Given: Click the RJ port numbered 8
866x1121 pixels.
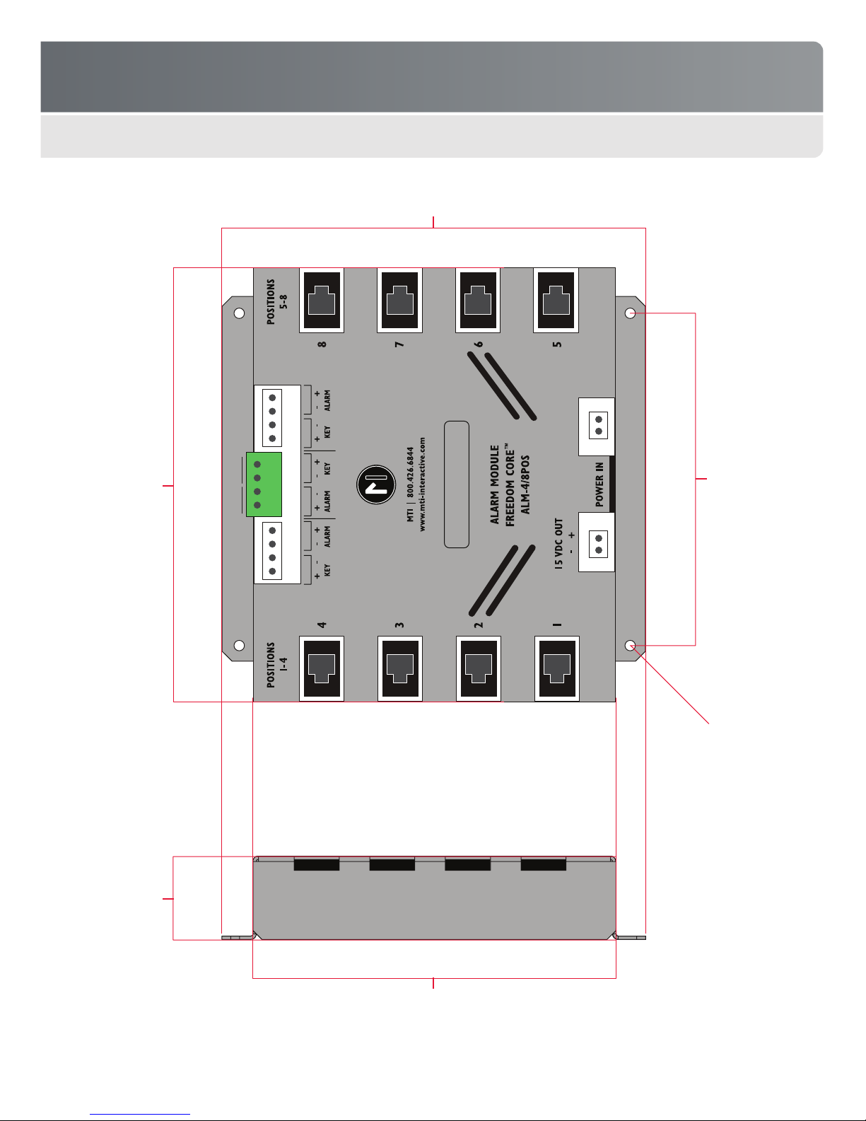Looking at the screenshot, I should click(x=322, y=300).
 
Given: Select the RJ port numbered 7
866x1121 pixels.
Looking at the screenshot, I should click(x=399, y=300).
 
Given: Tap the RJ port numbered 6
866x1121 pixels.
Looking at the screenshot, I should click(x=478, y=300).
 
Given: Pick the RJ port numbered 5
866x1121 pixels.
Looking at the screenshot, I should click(x=556, y=300).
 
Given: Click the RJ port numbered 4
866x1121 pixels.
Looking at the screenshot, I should click(x=322, y=668).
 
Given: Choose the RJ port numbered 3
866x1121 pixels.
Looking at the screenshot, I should click(x=399, y=668).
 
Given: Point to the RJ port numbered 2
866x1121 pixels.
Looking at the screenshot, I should click(x=478, y=668).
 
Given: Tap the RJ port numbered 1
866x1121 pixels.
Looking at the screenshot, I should click(x=556, y=668).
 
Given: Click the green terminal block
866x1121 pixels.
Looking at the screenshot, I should click(x=264, y=484).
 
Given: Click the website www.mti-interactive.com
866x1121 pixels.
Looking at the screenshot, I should click(x=423, y=484).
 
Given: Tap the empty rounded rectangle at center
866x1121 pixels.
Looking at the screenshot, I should click(x=457, y=484).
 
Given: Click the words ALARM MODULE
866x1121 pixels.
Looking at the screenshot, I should click(x=495, y=484).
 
